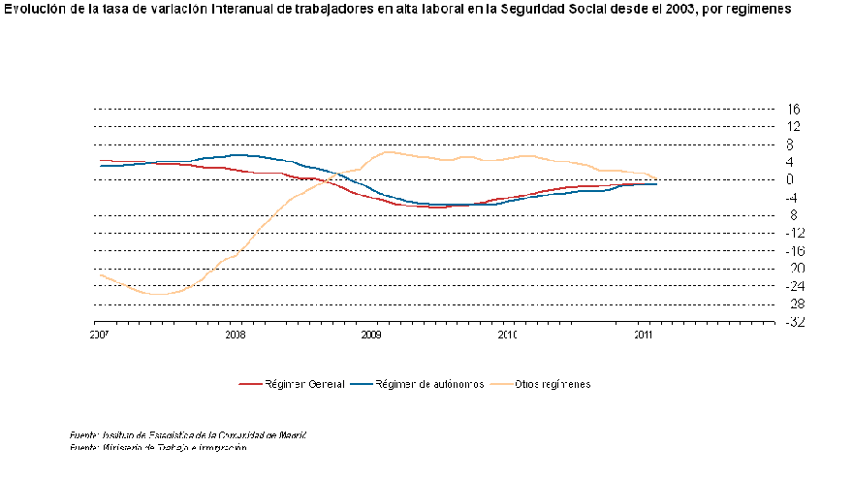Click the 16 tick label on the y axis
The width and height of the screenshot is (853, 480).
tap(794, 109)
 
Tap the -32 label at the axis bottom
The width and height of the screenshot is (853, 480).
tap(793, 322)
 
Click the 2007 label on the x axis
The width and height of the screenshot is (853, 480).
tap(98, 335)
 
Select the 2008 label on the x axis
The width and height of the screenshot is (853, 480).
tap(235, 335)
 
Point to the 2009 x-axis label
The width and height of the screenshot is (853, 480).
tap(370, 335)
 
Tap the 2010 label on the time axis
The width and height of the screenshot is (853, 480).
tap(507, 335)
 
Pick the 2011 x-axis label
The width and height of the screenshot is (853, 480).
tap(643, 335)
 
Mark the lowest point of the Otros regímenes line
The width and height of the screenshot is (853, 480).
tap(155, 294)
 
